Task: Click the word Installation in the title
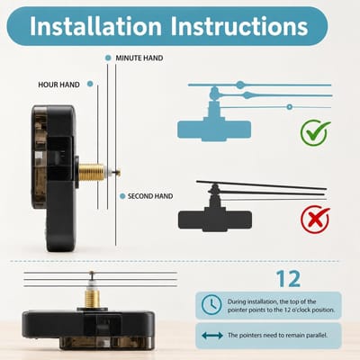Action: tap(95, 26)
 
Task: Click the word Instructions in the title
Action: tap(239, 26)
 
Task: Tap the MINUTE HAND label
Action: tap(139, 58)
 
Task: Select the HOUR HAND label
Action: tap(58, 85)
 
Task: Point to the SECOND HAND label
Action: tap(150, 196)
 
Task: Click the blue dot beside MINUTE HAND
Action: tap(108, 58)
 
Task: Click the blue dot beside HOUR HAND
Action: tap(90, 84)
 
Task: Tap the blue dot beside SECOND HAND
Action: tap(122, 196)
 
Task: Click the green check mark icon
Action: tap(315, 132)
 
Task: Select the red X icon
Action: tap(315, 220)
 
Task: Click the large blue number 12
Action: tap(288, 279)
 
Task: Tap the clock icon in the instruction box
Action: tap(211, 305)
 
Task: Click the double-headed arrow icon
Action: tap(212, 335)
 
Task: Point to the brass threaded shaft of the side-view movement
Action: tap(91, 172)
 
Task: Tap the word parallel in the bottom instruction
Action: tap(316, 335)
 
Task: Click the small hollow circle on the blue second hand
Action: tap(289, 107)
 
